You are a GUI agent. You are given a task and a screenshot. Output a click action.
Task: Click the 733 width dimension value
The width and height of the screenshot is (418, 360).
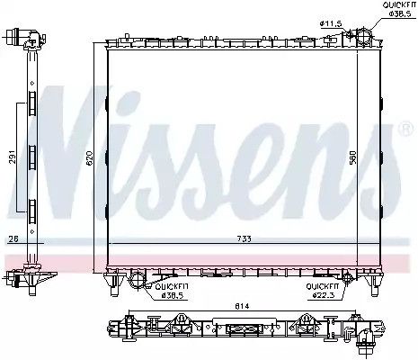point(244,239)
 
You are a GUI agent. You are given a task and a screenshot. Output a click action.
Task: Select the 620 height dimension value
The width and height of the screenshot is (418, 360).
point(90,158)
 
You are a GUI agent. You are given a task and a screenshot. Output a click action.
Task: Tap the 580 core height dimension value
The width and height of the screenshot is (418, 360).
point(353,157)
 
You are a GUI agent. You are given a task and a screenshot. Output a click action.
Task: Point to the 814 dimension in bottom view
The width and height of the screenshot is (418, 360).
point(242,306)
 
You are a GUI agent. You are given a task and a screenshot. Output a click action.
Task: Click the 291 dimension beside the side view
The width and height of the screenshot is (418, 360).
point(13,157)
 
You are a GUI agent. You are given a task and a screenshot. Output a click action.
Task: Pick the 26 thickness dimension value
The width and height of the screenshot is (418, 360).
point(13,238)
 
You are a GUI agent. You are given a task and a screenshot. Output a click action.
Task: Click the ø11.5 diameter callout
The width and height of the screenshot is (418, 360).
point(331,23)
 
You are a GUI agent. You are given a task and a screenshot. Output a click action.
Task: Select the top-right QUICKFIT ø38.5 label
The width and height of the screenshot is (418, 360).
point(398,9)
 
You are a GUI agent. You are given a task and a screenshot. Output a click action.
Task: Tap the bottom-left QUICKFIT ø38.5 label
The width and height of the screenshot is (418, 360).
point(172,291)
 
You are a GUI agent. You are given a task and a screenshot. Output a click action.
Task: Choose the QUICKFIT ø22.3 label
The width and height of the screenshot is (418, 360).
point(323,291)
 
